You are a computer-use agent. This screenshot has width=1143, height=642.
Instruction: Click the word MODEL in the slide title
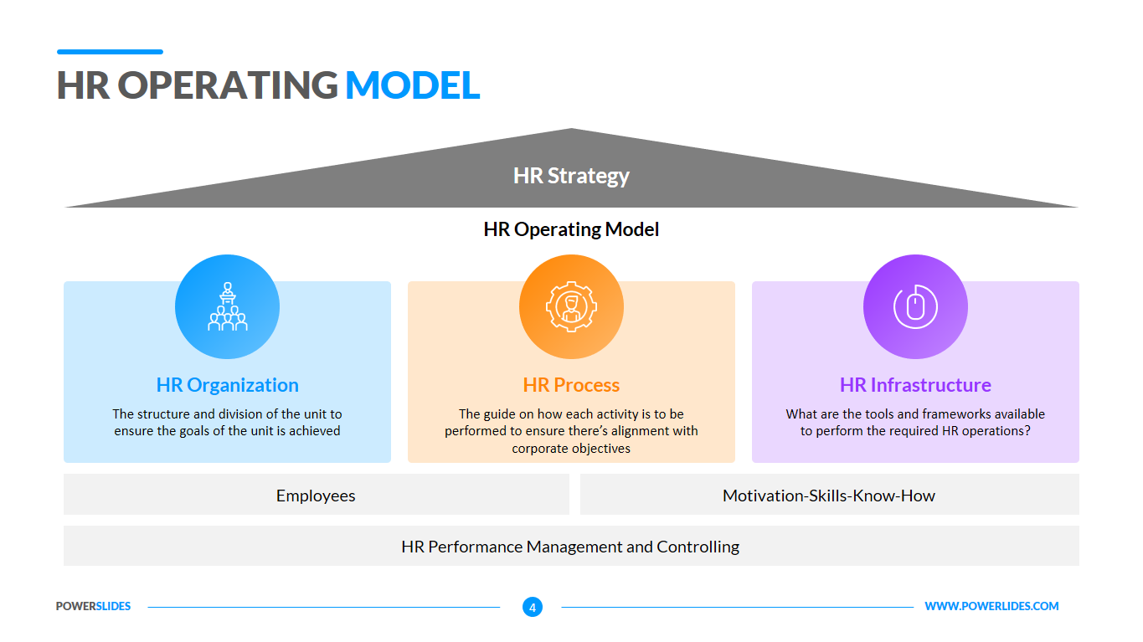[x=412, y=85]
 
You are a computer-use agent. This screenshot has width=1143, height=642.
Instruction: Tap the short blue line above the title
[x=110, y=52]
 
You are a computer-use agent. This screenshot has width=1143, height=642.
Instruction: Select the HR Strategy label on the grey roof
[x=571, y=176]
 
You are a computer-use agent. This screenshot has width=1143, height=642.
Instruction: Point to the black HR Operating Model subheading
[x=571, y=229]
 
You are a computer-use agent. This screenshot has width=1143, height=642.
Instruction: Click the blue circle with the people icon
[x=227, y=306]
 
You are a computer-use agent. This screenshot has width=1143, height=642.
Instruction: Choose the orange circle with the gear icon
[x=571, y=306]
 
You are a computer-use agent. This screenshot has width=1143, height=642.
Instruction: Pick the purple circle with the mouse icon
[x=915, y=306]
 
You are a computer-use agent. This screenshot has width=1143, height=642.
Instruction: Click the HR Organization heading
[x=227, y=385]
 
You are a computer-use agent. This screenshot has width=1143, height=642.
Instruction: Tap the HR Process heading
[x=571, y=385]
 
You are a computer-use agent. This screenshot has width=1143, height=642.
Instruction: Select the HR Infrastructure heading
[x=915, y=385]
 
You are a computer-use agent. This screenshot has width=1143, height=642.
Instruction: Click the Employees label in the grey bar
[x=316, y=496]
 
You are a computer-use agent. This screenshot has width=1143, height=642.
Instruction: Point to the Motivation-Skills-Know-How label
[x=829, y=496]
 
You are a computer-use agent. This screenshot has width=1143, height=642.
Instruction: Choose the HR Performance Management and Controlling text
[x=570, y=547]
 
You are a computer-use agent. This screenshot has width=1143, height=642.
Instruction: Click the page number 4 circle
[x=533, y=607]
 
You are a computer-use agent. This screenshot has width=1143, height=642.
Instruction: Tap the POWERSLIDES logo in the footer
[x=93, y=606]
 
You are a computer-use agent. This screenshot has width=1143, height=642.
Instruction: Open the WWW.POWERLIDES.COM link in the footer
[x=991, y=606]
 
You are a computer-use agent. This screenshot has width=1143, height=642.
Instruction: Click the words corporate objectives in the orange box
[x=571, y=449]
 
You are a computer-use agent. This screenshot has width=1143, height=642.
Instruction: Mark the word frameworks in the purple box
[x=939, y=414]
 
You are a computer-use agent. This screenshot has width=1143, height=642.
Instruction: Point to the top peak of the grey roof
[x=571, y=129]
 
